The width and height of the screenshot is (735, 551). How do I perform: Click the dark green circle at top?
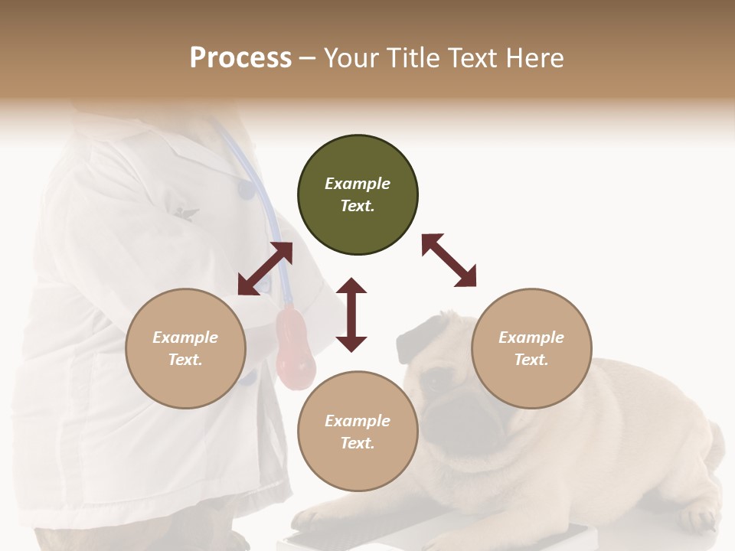(358, 195)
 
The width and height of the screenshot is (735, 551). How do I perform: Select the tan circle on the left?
(185, 348)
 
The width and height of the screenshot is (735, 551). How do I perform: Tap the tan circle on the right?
(531, 348)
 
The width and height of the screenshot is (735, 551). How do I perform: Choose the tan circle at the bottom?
(358, 432)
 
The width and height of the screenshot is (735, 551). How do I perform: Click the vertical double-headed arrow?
(351, 315)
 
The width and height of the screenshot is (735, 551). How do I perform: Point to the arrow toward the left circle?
(265, 269)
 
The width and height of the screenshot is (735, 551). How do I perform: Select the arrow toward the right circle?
(449, 261)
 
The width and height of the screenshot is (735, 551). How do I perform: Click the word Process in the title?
(240, 57)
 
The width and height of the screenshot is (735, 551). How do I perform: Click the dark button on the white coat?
(245, 189)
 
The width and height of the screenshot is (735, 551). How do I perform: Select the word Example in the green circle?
(358, 184)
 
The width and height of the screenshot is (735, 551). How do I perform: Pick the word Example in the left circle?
(185, 337)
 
